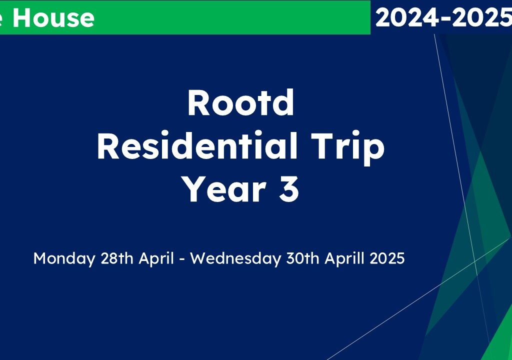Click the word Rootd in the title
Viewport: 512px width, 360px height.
[x=240, y=102]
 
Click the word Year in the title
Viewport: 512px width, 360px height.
[x=224, y=188]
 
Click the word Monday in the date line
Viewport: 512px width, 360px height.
[x=64, y=258]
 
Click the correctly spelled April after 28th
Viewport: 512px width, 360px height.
[x=156, y=258]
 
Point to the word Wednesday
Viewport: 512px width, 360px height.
[x=235, y=258]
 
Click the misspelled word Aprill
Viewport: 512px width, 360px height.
[x=344, y=258]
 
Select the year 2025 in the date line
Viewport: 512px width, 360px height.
[x=387, y=258]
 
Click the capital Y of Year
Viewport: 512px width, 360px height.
[x=194, y=188]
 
